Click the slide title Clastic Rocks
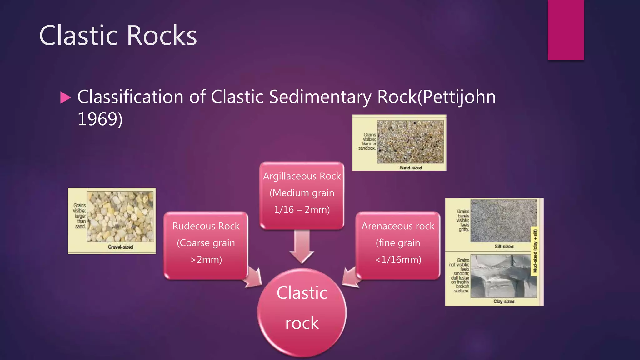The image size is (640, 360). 118,36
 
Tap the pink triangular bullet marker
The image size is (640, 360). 65,97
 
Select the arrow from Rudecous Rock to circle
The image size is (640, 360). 254,278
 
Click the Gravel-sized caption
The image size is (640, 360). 121,247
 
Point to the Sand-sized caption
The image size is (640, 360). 411,168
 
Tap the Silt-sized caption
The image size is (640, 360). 504,247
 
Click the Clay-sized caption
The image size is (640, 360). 504,302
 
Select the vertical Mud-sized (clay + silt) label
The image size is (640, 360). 535,251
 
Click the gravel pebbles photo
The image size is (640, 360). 120,217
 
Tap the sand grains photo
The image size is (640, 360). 410,142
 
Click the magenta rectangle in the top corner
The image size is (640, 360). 566,30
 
